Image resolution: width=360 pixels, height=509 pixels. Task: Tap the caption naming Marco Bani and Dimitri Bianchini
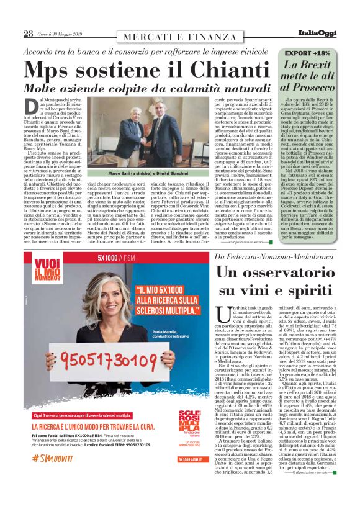click(x=143, y=174)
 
